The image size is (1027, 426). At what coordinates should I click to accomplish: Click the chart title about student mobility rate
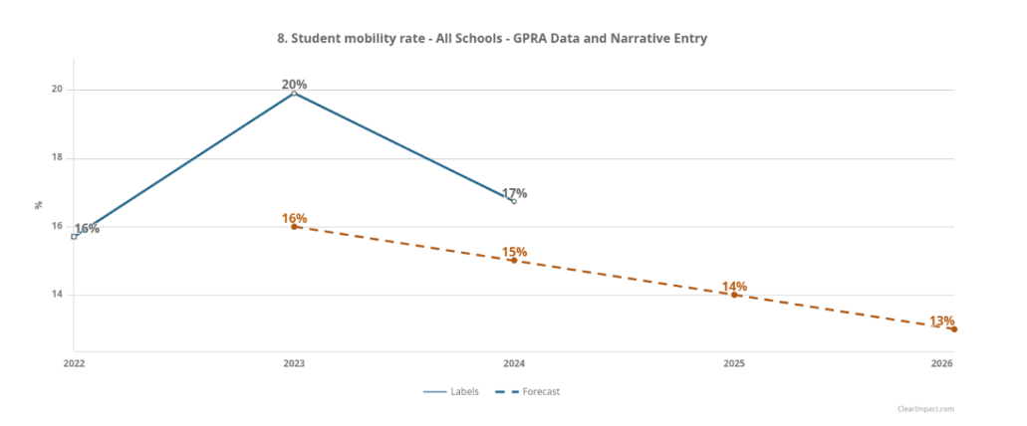(492, 38)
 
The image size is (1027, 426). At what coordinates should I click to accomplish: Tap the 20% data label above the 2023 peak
(294, 85)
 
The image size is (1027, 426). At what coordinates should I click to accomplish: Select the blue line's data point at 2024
(514, 201)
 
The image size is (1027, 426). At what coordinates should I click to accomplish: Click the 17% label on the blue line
(514, 193)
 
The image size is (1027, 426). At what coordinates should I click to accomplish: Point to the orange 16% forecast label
(294, 218)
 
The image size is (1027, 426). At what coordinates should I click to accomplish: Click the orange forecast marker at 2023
(294, 227)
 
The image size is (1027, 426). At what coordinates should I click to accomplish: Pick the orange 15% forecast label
(514, 252)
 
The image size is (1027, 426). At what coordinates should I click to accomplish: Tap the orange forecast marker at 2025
(734, 295)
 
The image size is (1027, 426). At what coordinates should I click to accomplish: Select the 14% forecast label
(734, 287)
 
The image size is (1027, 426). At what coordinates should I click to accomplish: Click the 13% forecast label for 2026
(941, 320)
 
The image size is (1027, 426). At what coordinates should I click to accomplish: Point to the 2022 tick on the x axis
(74, 363)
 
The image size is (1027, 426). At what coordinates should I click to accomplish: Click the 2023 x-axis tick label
(294, 363)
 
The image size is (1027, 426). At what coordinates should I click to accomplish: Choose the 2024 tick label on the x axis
(514, 363)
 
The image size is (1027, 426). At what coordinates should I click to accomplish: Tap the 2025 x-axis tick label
(734, 363)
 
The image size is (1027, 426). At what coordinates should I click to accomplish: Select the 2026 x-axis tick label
(942, 363)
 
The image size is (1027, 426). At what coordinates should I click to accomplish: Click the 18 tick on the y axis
(57, 158)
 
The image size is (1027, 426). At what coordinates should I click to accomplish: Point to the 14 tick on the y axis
(57, 295)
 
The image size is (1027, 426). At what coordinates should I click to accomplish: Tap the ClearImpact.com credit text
(924, 409)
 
